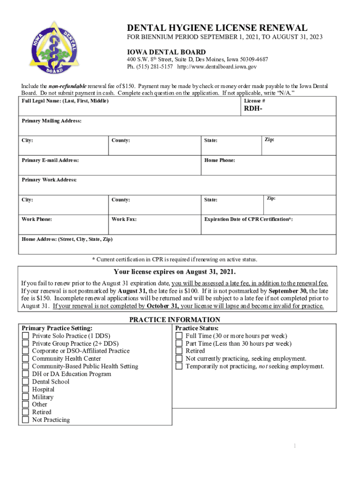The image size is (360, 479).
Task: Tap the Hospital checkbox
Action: (x=25, y=390)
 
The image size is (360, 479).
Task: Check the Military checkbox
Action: (x=25, y=397)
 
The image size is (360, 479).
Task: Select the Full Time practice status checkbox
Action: (x=179, y=336)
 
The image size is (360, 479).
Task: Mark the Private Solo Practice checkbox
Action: (x=25, y=336)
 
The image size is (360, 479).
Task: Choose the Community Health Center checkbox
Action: (x=25, y=359)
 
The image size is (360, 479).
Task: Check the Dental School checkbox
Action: (x=25, y=382)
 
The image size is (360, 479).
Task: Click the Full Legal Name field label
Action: (x=65, y=101)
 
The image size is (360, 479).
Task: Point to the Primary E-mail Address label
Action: (x=50, y=160)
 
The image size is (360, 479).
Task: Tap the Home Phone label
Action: (x=219, y=160)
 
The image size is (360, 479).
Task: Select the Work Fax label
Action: (x=124, y=219)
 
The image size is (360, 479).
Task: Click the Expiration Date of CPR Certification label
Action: (x=248, y=219)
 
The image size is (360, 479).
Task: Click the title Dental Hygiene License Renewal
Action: (x=217, y=28)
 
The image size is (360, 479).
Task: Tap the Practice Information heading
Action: (x=174, y=320)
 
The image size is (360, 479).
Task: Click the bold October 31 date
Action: (x=162, y=306)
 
